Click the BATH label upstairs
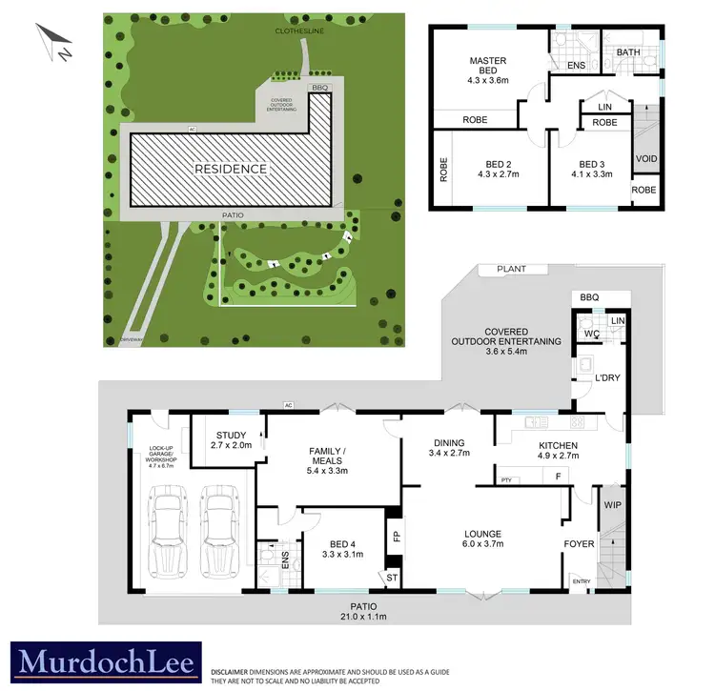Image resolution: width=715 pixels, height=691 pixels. (627, 52)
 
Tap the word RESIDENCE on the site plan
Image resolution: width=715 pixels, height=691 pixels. (231, 169)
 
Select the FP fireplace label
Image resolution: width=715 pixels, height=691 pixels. (395, 536)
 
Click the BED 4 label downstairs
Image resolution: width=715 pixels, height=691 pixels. (341, 547)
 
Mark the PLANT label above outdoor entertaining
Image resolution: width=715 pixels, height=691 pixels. (511, 270)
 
